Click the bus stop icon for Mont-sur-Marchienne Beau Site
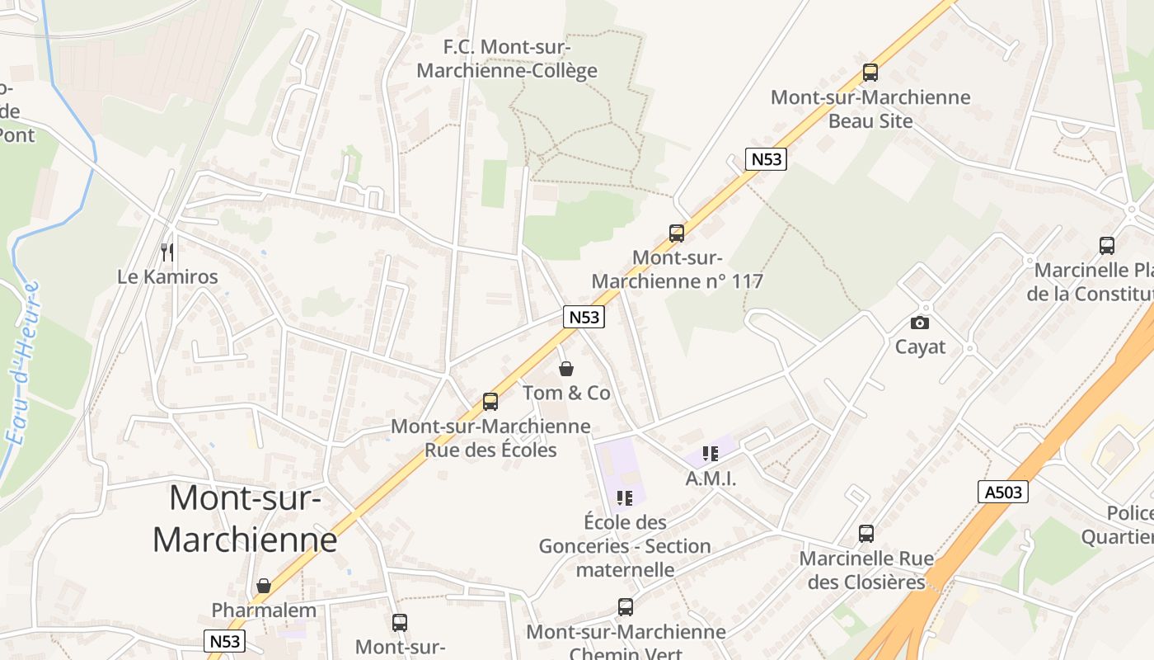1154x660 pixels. [x=870, y=72]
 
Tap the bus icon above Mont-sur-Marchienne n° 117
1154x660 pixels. [x=677, y=233]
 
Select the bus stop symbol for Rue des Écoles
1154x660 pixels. [x=490, y=402]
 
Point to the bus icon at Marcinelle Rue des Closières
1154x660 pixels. [x=866, y=533]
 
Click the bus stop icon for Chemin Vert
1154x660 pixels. [x=626, y=607]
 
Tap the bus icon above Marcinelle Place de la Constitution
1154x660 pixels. [x=1107, y=245]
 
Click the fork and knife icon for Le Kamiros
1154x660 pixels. [x=167, y=252]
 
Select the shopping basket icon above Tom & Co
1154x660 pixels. [x=566, y=368]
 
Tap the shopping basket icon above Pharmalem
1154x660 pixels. [x=264, y=586]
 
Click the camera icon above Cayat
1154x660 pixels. [x=920, y=323]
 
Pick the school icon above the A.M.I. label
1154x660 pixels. [x=711, y=453]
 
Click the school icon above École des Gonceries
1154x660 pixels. [x=625, y=497]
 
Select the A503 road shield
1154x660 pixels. [x=1003, y=493]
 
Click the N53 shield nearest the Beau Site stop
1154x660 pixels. [x=766, y=158]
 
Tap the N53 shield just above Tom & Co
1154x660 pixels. [x=584, y=317]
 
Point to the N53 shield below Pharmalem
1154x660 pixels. [x=224, y=641]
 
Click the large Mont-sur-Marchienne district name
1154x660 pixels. [x=245, y=519]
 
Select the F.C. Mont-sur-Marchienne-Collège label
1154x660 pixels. [x=507, y=59]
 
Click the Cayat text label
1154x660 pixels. [x=920, y=346]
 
